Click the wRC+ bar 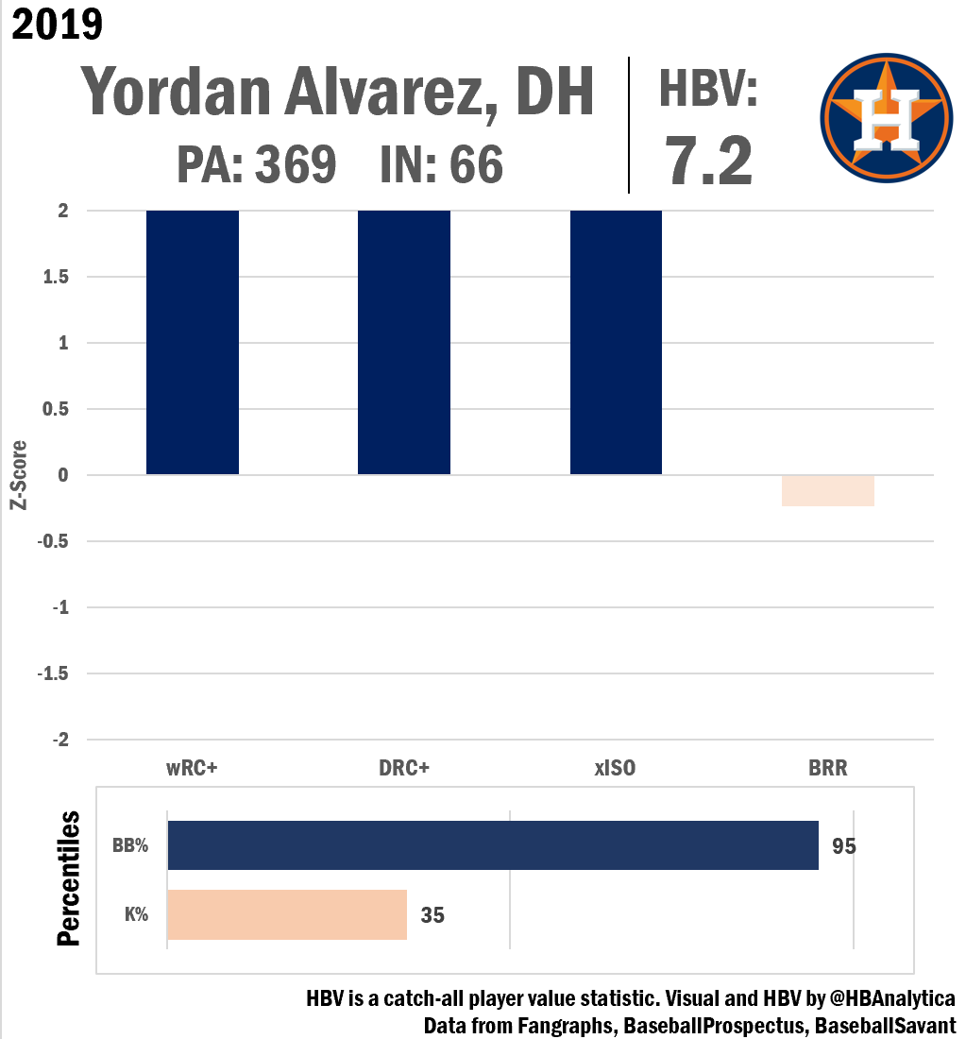193,342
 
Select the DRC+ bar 404,342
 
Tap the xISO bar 616,342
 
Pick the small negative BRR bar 828,491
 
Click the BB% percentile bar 493,845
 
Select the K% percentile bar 287,914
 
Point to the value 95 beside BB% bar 844,845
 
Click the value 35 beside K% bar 432,915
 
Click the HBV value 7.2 709,161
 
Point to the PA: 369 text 256,166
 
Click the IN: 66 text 441,166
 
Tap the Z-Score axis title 17,475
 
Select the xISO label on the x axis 615,768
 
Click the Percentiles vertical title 69,878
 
